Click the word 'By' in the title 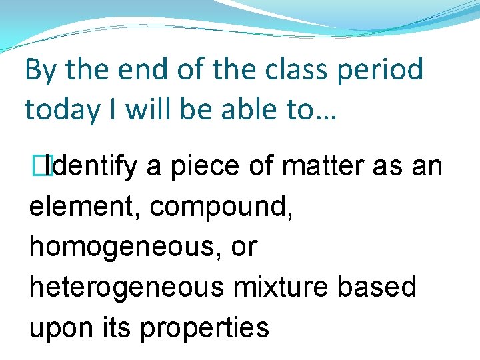[x=40, y=70]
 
